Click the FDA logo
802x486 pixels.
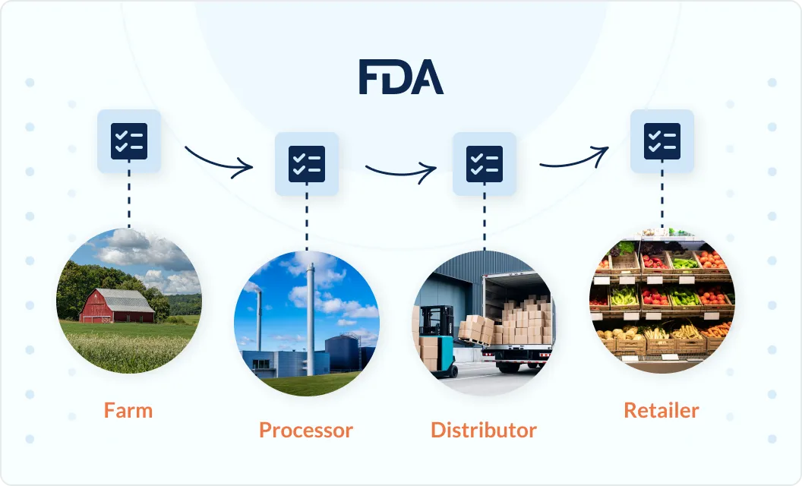point(401,77)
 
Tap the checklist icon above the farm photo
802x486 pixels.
point(129,140)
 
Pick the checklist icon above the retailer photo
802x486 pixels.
point(662,140)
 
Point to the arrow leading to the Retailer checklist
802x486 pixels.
point(574,158)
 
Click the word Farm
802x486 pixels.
point(128,411)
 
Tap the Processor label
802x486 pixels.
point(306,431)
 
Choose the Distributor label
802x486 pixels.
point(484,431)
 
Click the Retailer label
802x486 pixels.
point(661,411)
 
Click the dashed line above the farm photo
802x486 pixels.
point(129,199)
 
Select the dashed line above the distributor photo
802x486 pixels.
point(485,222)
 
